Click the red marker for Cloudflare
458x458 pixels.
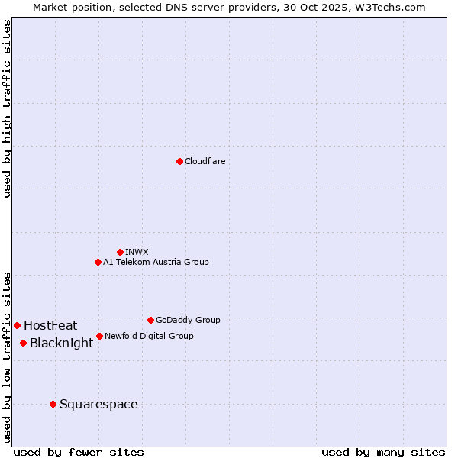coord(179,161)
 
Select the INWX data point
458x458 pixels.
coord(120,252)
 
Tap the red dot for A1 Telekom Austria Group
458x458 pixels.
coord(98,262)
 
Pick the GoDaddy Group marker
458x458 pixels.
coord(150,320)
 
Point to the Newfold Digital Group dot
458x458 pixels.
coord(99,336)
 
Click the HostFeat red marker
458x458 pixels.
coord(17,325)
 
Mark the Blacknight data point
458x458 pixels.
coord(24,343)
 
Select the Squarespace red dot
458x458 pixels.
coord(53,404)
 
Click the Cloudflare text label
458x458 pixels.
coord(205,161)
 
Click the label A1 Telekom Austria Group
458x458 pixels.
coord(156,262)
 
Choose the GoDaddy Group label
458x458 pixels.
coord(188,320)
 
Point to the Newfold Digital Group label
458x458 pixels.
coord(149,336)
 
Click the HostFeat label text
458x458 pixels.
coord(50,325)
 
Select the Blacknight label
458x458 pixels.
coord(61,343)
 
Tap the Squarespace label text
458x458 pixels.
coord(98,404)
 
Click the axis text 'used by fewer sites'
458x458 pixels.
coord(79,452)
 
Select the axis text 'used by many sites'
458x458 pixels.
coord(383,452)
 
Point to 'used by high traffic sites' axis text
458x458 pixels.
coord(8,108)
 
